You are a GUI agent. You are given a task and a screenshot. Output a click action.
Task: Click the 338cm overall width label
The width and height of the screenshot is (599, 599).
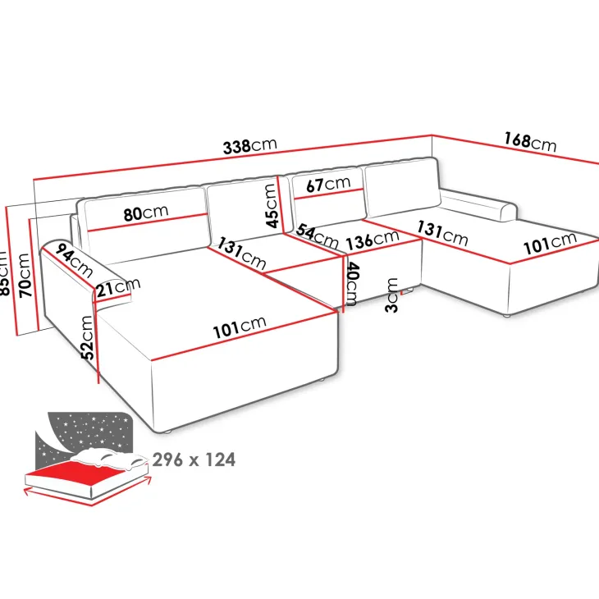249,146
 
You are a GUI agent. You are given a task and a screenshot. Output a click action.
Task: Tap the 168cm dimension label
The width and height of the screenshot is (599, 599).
530,141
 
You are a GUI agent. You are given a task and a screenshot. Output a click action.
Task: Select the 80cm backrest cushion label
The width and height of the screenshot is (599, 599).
146,213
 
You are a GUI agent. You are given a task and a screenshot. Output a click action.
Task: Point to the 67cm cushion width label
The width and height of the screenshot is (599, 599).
328,184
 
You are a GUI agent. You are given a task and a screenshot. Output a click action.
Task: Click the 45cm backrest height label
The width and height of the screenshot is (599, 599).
271,205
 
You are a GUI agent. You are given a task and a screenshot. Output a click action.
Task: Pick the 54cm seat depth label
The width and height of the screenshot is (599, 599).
317,235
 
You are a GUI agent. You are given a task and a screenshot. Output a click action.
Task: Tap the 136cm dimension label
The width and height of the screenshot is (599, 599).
373,240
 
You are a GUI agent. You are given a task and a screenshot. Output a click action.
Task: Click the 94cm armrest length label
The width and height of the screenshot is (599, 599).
74,261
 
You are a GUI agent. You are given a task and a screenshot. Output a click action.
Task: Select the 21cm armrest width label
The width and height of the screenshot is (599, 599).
118,287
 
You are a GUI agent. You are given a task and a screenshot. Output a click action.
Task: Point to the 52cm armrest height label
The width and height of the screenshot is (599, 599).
88,337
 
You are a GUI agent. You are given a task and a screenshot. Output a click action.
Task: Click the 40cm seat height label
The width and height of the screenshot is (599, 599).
352,284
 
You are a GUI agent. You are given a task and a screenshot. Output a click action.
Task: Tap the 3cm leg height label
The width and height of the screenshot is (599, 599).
392,295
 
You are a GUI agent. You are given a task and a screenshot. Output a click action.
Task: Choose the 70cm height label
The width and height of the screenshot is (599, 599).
25,275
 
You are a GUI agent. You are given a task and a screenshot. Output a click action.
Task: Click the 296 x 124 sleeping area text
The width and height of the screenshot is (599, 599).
194,460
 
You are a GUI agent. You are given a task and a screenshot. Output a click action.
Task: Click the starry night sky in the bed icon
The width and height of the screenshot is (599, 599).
88,432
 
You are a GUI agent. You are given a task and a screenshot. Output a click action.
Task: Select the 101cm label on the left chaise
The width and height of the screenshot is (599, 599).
240,327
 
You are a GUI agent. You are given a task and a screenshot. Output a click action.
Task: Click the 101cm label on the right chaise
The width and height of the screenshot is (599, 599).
550,243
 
